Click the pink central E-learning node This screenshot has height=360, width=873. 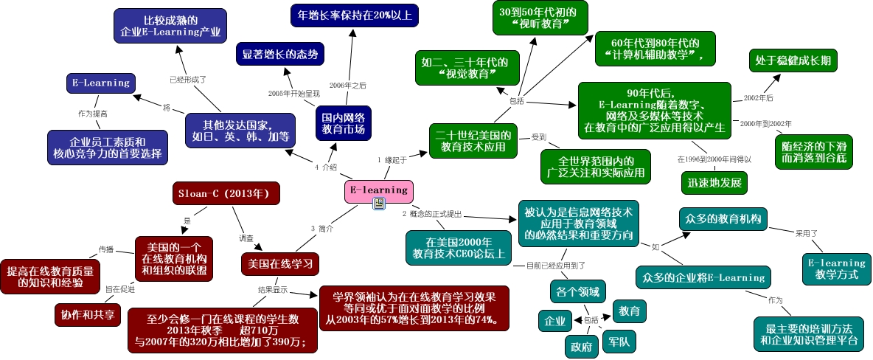pyautogui.click(x=378, y=190)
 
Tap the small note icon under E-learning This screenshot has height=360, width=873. pyautogui.click(x=379, y=204)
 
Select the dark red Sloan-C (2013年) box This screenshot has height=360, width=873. pyautogui.click(x=226, y=193)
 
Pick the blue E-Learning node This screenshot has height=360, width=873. pyautogui.click(x=102, y=83)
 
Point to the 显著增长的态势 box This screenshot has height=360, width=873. pyautogui.click(x=279, y=54)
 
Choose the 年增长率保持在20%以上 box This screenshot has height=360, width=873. pyautogui.click(x=354, y=15)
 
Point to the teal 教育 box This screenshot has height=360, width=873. pyautogui.click(x=629, y=310)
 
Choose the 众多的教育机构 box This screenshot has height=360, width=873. pyautogui.click(x=723, y=218)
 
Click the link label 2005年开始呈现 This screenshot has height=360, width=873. pyautogui.click(x=293, y=94)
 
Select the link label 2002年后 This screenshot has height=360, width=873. pyautogui.click(x=758, y=98)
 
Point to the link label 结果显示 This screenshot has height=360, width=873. pyautogui.click(x=272, y=290)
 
